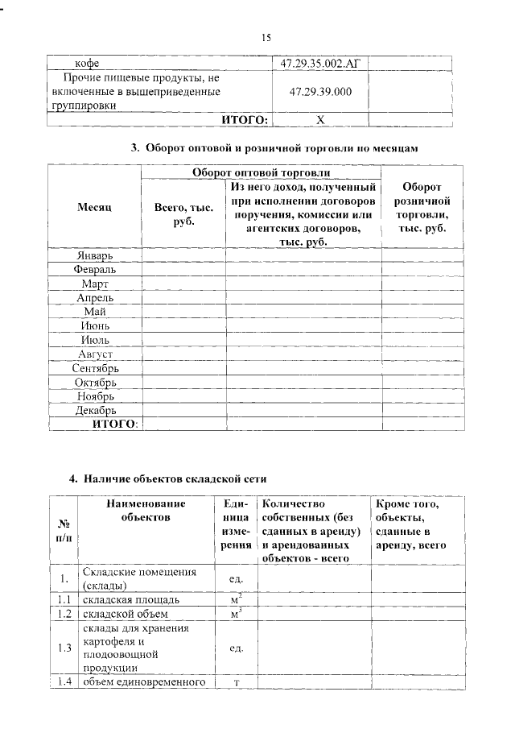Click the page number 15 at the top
pyautogui.click(x=266, y=37)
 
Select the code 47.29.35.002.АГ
pyautogui.click(x=319, y=62)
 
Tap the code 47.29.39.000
pyautogui.click(x=319, y=92)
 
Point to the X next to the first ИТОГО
pyautogui.click(x=319, y=120)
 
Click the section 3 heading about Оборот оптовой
pyautogui.click(x=275, y=148)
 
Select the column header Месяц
pyautogui.click(x=94, y=207)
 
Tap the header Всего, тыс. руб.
pyautogui.click(x=183, y=213)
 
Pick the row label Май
pyautogui.click(x=95, y=312)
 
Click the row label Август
pyautogui.click(x=95, y=354)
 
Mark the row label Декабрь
pyautogui.click(x=95, y=410)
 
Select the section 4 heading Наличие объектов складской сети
pyautogui.click(x=167, y=479)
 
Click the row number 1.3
pyautogui.click(x=64, y=648)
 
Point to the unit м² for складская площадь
pyautogui.click(x=237, y=599)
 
